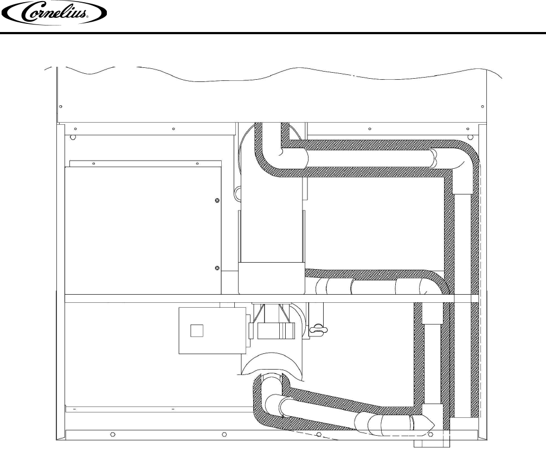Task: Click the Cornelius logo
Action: (54, 13)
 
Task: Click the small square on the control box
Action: (197, 330)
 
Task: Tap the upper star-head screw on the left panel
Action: (217, 200)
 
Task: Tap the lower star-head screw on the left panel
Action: (217, 268)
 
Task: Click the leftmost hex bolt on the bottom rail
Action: (112, 434)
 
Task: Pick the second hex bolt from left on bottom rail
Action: (224, 434)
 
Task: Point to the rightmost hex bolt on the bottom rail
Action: (431, 434)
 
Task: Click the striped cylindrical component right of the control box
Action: (276, 331)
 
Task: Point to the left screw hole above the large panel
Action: (93, 163)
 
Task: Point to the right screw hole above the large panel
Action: (197, 163)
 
